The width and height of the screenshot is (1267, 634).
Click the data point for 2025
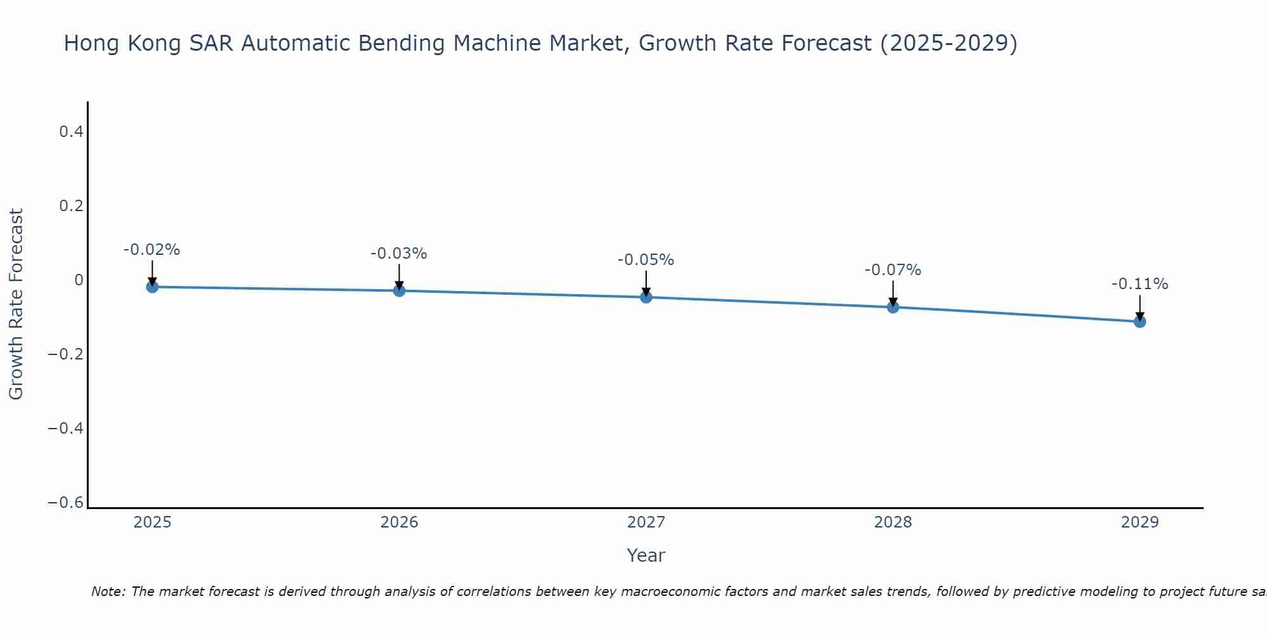coord(152,287)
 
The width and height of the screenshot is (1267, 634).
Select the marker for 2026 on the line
coord(399,290)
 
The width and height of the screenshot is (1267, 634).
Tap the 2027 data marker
coord(646,297)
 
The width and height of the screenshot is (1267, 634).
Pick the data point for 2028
coord(893,307)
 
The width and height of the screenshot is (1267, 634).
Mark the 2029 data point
coord(1140,321)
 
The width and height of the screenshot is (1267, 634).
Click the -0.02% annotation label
coord(151,250)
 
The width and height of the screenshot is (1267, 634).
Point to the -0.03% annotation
coord(398,254)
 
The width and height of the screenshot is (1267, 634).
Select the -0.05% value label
coord(646,260)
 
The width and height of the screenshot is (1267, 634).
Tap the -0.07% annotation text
coord(893,270)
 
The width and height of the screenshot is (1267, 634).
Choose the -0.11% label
coord(1140,284)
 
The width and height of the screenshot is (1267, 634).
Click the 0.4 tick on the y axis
coord(71,132)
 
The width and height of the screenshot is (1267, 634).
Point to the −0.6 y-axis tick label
coord(65,503)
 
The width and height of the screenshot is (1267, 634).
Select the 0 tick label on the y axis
coord(79,280)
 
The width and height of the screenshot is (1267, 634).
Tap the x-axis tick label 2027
coord(646,522)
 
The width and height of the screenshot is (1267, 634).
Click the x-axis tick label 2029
coord(1140,522)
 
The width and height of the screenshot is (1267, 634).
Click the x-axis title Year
coord(646,555)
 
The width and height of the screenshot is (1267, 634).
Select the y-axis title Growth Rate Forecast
coord(16,304)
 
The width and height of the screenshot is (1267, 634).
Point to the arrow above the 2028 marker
coord(893,293)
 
